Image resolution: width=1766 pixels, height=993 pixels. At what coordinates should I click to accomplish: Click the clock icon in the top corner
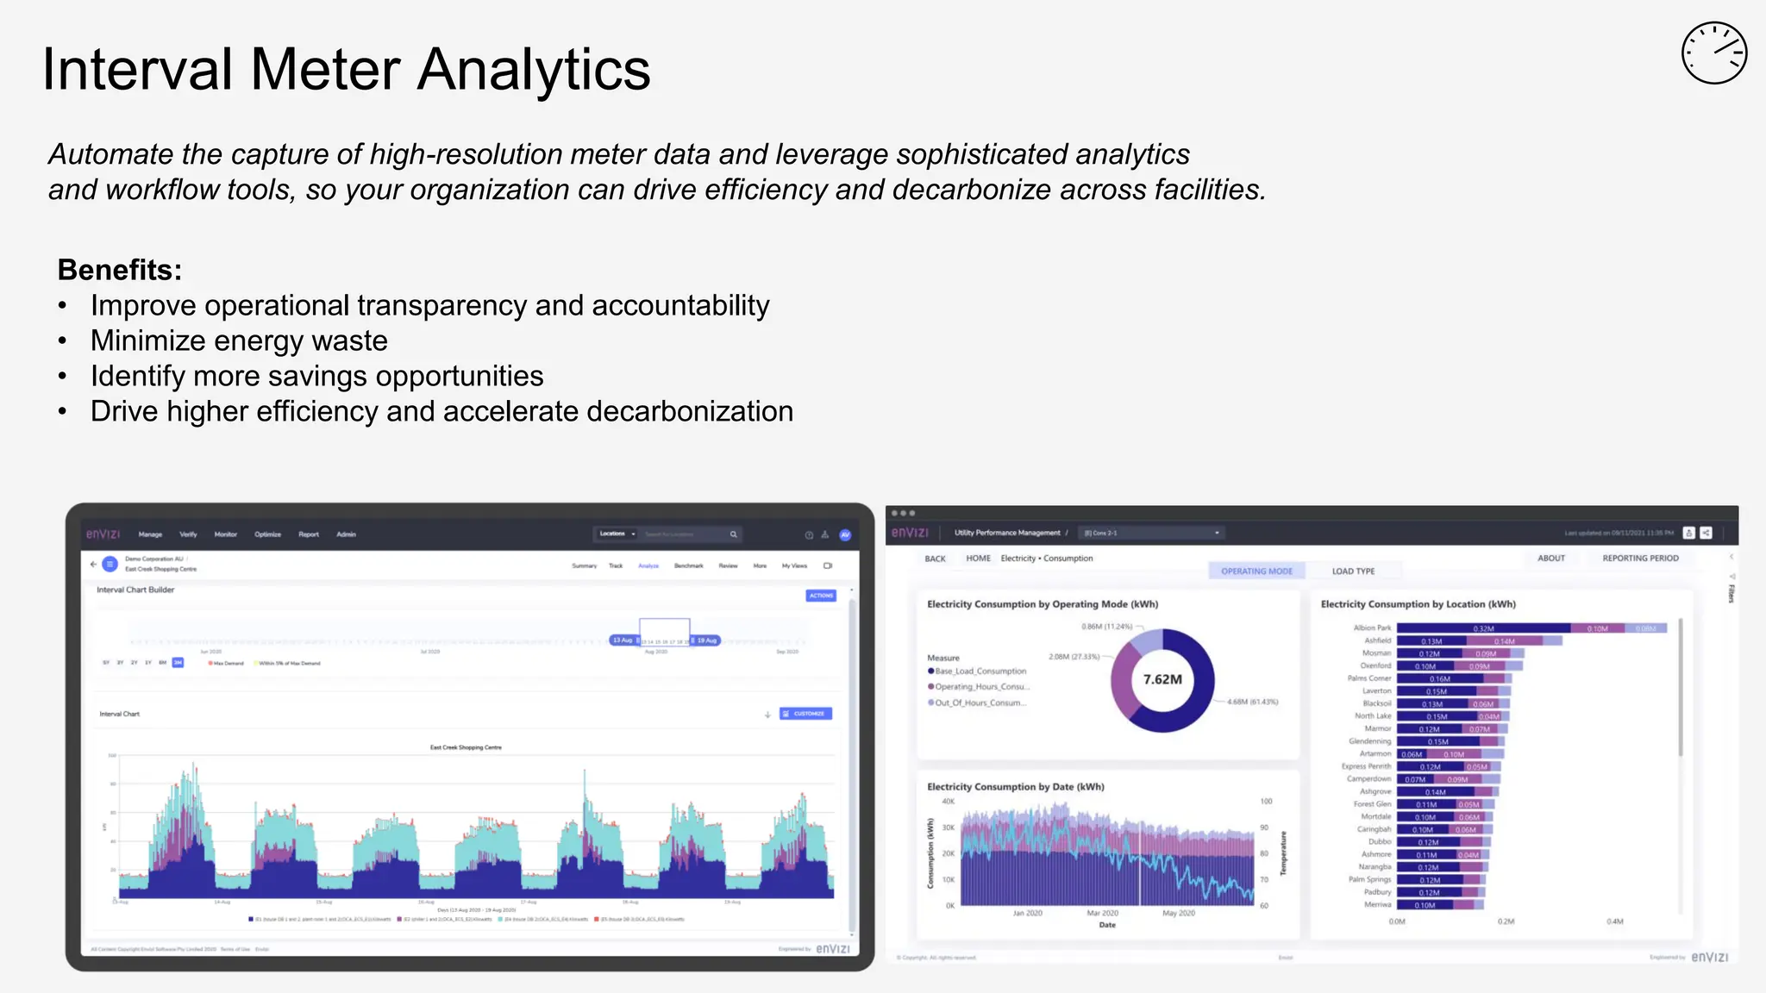[x=1713, y=53]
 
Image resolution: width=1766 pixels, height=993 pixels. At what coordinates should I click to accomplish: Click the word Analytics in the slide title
[x=534, y=69]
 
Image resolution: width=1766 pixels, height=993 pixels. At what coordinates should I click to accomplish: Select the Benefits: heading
[x=120, y=270]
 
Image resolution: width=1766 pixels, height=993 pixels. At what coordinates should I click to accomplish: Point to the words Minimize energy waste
[x=239, y=340]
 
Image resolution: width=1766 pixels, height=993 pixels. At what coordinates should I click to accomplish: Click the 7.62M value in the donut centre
[x=1162, y=679]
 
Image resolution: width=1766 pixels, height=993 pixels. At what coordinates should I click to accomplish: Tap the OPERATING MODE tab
[x=1256, y=571]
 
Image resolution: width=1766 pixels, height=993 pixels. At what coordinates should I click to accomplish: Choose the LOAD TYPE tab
[x=1353, y=571]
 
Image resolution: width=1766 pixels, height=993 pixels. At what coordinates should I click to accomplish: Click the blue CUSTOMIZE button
[x=805, y=714]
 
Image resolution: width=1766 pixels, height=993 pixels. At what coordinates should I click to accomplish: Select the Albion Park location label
[x=1372, y=628]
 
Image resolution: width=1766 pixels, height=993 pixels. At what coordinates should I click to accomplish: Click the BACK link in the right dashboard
[x=935, y=559]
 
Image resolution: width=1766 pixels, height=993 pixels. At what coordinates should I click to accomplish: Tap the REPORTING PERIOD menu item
[x=1640, y=559]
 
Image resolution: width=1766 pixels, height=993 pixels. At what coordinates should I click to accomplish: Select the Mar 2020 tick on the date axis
[x=1102, y=913]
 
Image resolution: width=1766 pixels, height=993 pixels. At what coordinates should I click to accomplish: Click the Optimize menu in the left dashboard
[x=267, y=534]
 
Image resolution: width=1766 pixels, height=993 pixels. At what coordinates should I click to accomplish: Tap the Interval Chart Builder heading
[x=135, y=590]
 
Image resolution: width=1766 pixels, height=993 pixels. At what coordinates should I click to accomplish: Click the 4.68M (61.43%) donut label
[x=1252, y=702]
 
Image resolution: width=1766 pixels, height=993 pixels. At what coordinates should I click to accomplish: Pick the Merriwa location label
[x=1377, y=905]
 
